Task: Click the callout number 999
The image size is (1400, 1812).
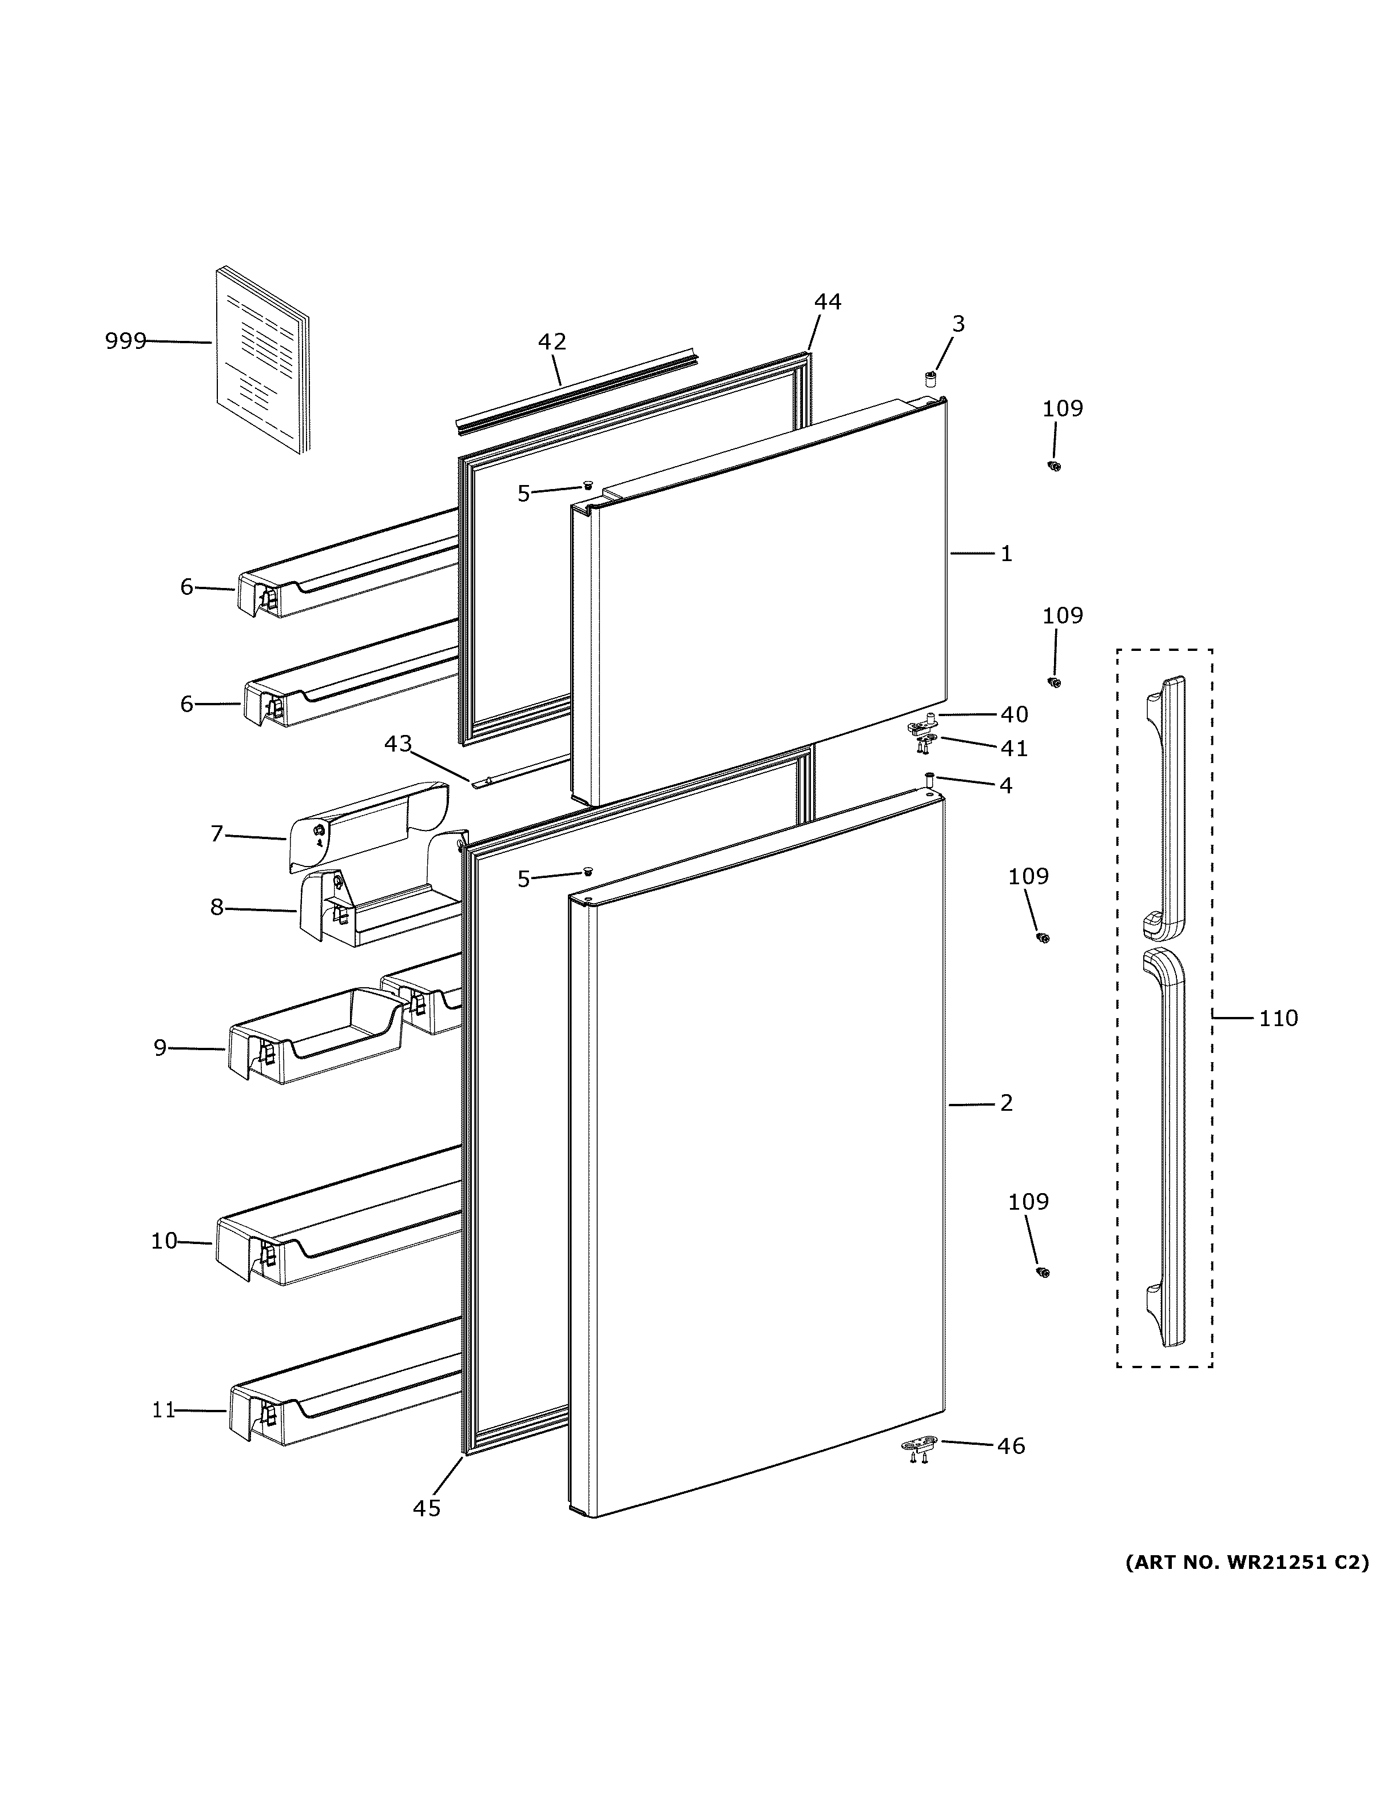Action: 125,340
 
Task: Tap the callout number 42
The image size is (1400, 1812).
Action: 551,341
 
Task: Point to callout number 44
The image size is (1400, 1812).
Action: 827,302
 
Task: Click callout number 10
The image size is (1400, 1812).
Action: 164,1241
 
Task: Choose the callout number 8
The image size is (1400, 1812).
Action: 217,908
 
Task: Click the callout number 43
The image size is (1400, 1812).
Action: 397,744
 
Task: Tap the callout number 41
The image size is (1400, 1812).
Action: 1013,748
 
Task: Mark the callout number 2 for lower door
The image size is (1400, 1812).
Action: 1006,1103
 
